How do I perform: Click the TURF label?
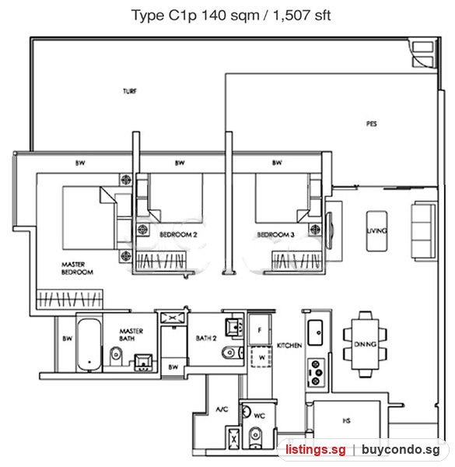point(130,91)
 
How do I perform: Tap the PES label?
point(371,123)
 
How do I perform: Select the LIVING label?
point(376,230)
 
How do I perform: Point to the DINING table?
point(365,344)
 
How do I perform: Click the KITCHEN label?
point(289,346)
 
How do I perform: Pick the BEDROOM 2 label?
point(178,235)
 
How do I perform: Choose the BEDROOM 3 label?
point(275,235)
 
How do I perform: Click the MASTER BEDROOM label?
point(77,268)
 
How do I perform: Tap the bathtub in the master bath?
point(89,345)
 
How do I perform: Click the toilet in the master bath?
point(116,356)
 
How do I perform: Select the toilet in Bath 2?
point(233,353)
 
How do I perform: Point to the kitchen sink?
point(315,332)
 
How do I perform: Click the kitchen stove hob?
point(316,373)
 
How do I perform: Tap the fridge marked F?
point(260,329)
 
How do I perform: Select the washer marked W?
point(261,356)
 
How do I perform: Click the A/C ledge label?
point(222,409)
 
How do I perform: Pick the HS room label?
point(346,420)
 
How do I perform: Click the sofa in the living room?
point(423,230)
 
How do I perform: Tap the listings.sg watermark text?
point(316,449)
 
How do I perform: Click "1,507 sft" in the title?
point(302,16)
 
